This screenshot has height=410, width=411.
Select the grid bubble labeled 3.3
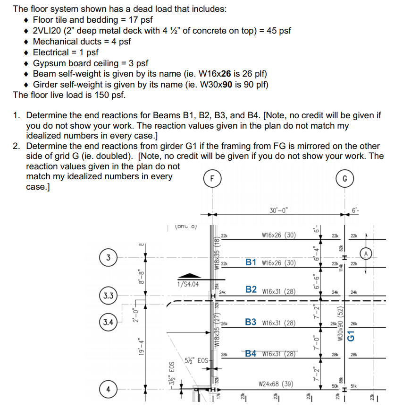coord(109,297)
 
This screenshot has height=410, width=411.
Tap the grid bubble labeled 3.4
coord(109,323)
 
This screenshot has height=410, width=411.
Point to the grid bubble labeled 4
coord(109,390)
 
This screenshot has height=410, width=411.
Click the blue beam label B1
coord(251,262)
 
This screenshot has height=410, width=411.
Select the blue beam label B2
coord(251,289)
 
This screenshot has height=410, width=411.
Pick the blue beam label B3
coord(251,323)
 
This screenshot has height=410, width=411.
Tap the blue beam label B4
coord(251,353)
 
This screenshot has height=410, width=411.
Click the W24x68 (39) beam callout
coord(277,384)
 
